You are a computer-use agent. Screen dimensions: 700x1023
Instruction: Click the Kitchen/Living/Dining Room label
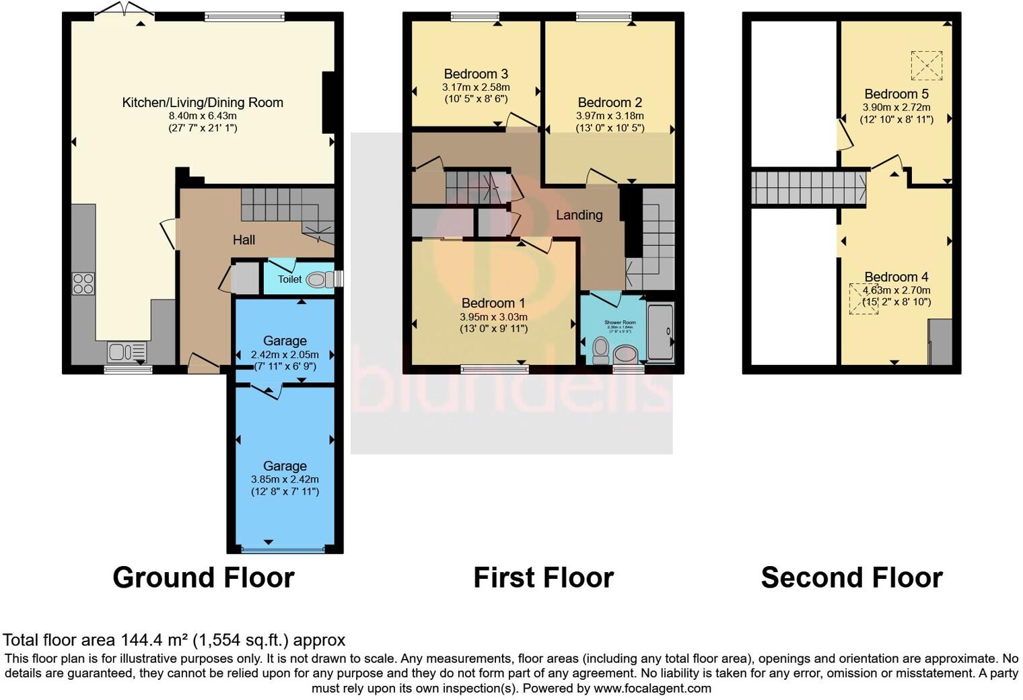pos(202,103)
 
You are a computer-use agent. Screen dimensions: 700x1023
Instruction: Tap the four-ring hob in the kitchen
pos(83,283)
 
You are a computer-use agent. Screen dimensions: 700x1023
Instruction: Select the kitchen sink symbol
pos(127,352)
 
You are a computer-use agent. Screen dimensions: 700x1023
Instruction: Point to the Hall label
pos(244,240)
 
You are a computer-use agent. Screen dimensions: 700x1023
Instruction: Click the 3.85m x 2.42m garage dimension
pos(285,479)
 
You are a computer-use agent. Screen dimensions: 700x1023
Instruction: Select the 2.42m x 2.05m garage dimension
pos(285,354)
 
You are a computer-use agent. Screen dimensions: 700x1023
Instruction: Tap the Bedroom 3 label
pos(476,74)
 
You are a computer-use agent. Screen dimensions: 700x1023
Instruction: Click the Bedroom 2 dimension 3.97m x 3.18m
pos(610,116)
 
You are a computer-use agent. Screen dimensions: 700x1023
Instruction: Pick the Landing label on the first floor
pos(579,215)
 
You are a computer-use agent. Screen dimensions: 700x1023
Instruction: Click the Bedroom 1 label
pos(493,304)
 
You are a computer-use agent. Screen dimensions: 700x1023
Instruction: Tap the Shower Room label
pos(620,322)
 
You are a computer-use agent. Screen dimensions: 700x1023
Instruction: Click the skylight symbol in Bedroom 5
pos(926,66)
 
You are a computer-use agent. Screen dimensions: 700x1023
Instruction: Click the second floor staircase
pos(808,188)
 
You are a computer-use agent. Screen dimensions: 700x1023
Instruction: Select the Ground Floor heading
pos(203,577)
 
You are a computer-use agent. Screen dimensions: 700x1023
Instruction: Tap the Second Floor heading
pos(851,577)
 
